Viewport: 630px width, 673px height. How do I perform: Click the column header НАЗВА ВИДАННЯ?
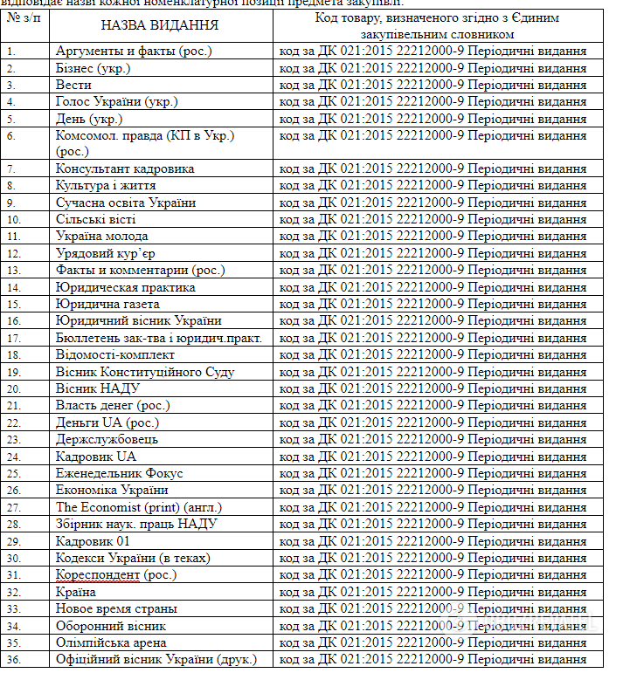[x=160, y=25]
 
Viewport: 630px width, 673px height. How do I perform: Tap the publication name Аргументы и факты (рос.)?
[x=134, y=52]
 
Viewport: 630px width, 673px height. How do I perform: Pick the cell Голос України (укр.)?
[x=116, y=102]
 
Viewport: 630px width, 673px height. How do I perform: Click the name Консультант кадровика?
[x=125, y=168]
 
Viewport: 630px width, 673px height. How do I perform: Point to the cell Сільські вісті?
[x=95, y=219]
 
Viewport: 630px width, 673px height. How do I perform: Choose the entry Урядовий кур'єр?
[x=106, y=253]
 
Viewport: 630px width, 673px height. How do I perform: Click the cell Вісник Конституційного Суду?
[x=145, y=372]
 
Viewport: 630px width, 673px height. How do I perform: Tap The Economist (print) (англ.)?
[x=139, y=507]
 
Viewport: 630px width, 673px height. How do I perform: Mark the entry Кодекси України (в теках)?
[x=133, y=558]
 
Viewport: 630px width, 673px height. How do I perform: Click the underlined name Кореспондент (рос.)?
[x=116, y=574]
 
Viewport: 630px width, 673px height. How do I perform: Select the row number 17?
[x=13, y=338]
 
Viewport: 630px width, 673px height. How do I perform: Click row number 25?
[x=13, y=473]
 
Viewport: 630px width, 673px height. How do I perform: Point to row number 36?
[x=13, y=659]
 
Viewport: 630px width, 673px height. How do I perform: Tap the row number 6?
[x=10, y=136]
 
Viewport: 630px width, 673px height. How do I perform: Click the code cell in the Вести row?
[x=433, y=85]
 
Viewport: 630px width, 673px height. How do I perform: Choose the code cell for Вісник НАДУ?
[x=433, y=388]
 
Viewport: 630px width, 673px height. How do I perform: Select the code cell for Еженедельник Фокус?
[x=433, y=473]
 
